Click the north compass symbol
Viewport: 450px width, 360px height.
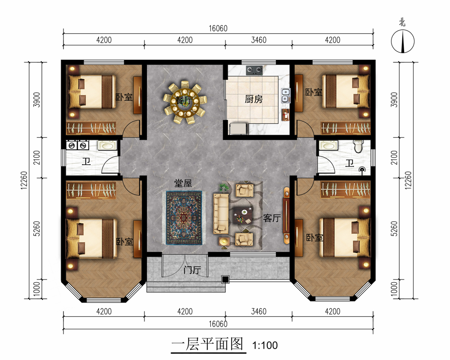pos(403,41)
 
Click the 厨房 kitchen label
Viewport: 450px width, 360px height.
pos(254,99)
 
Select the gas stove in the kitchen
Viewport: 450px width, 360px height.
pos(254,70)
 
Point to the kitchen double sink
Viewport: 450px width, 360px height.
pos(286,95)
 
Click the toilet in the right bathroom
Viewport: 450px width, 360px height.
pos(359,146)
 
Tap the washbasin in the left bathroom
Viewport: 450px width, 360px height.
pos(108,145)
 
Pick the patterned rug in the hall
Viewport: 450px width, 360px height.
pos(184,218)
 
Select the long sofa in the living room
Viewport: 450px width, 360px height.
pos(220,213)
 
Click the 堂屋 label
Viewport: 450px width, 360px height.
pos(183,183)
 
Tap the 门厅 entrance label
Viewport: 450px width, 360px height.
pos(192,270)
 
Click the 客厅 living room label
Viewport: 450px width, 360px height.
pos(272,218)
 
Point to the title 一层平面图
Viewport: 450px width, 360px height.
pos(207,344)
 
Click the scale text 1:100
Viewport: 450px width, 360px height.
pos(265,345)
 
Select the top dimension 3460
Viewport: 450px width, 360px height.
pos(259,40)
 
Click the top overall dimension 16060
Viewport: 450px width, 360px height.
pos(218,28)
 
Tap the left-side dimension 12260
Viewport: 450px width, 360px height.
pos(24,180)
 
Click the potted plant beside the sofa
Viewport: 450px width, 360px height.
pos(224,188)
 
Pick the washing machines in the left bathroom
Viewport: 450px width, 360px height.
pos(77,145)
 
